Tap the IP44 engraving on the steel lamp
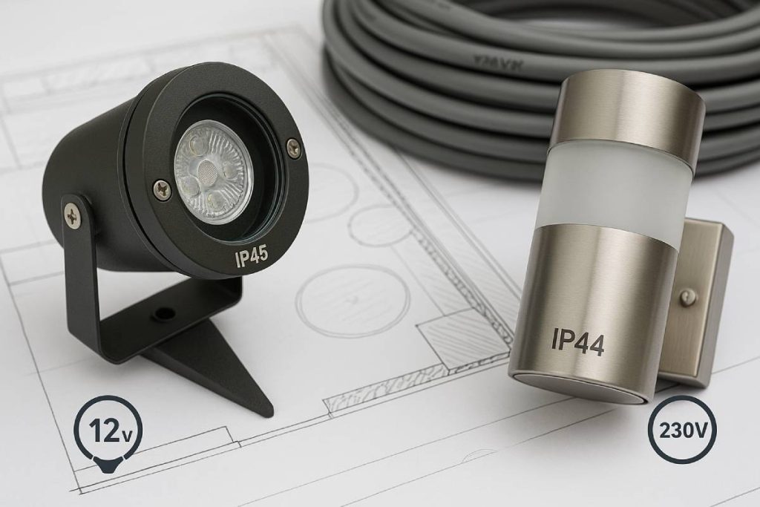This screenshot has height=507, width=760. [577, 342]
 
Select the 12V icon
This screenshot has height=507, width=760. [108, 430]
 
